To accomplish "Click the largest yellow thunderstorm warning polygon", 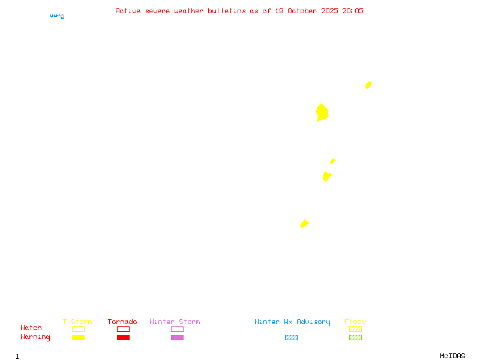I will point(322,113).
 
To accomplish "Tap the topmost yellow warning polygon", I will point(368,85).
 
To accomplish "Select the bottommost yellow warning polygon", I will point(304,224).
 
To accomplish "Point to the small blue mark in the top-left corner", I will point(58,16).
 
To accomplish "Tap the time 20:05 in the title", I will point(353,11).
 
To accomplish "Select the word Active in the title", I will point(128,11).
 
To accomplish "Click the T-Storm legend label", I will point(77,322).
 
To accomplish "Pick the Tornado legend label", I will point(122,322).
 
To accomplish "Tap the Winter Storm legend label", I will point(175,322).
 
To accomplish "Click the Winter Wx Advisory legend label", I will point(292,322).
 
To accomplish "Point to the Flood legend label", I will point(355,322).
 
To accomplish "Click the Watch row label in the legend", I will point(31,328).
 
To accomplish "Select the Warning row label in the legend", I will point(35,337).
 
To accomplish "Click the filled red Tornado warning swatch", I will point(123,337).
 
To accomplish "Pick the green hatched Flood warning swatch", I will point(355,337).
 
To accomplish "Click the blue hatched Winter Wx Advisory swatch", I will point(291,337).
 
